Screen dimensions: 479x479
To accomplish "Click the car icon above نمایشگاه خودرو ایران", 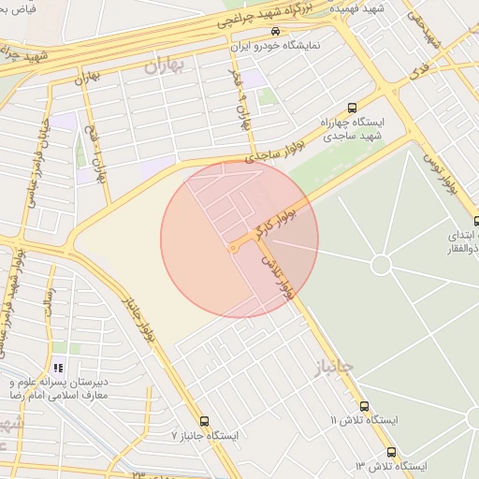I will point(274,32).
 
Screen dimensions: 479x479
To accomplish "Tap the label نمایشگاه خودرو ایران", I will point(275,45).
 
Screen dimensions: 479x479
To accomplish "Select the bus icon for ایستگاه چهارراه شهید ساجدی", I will point(352,107).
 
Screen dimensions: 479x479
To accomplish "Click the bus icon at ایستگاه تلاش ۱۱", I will point(365,407).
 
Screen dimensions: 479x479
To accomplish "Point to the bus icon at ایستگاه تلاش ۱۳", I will point(391,452).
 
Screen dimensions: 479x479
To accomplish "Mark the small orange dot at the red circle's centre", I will point(233,248).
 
